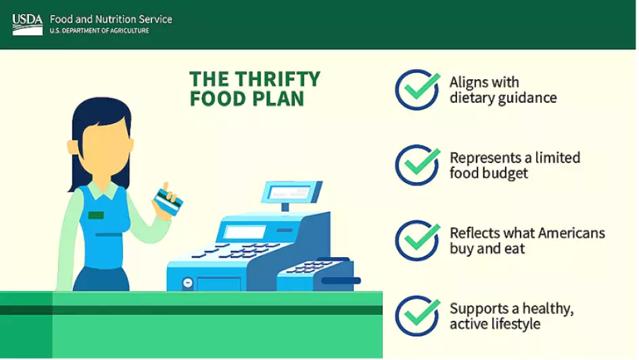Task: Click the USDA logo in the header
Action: (x=27, y=24)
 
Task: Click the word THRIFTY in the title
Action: (x=277, y=78)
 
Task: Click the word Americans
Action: (x=572, y=233)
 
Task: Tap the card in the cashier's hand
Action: (x=168, y=202)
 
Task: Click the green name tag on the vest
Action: (x=96, y=215)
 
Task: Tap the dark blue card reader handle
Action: (x=341, y=281)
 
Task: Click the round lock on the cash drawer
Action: (x=187, y=282)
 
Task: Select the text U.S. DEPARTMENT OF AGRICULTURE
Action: (x=99, y=30)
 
